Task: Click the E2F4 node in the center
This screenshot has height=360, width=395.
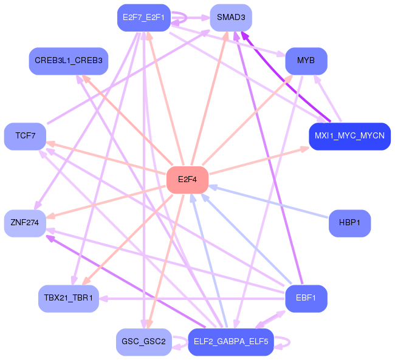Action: tap(187, 180)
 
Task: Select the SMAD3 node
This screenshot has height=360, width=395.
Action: tap(231, 18)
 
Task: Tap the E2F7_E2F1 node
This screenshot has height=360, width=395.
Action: tap(144, 18)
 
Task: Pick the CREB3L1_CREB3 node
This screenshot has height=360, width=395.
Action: tap(69, 61)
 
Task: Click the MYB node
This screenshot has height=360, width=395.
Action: tap(306, 61)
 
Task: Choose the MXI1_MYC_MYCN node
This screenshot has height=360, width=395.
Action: tap(349, 136)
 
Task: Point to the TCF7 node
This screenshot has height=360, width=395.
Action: tap(25, 136)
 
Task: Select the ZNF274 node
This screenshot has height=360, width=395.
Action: tap(25, 223)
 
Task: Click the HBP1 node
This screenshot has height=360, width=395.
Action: tap(349, 223)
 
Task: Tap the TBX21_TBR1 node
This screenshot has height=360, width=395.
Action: tap(69, 298)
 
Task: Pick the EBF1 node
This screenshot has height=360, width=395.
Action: tap(306, 298)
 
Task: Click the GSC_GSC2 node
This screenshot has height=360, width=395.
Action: tap(144, 342)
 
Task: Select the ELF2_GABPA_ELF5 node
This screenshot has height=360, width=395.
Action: tap(231, 342)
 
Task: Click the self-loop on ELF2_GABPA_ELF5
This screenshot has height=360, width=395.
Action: tap(290, 342)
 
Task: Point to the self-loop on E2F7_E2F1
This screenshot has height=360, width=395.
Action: tap(187, 18)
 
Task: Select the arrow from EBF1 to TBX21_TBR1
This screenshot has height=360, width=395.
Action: tap(192, 299)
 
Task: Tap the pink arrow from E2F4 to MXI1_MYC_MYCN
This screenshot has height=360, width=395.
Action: tap(259, 161)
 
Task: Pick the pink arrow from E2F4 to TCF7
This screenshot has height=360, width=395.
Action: tap(106, 158)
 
